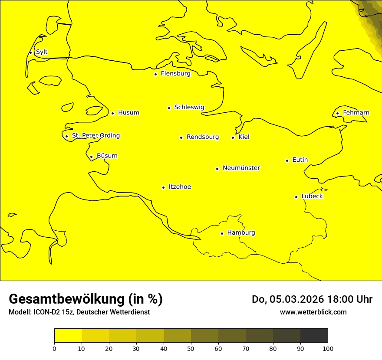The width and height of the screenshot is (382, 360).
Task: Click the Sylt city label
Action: (42, 52)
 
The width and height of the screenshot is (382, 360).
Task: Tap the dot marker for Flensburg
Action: (155, 74)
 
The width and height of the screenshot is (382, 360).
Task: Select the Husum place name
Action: (128, 113)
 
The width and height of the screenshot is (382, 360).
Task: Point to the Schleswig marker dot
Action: (169, 108)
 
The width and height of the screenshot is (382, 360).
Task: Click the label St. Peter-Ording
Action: (96, 136)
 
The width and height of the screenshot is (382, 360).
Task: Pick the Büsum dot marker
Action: (91, 157)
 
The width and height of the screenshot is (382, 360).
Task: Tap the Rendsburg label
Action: (203, 137)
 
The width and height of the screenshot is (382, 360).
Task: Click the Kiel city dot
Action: (233, 137)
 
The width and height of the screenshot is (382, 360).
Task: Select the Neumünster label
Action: (241, 168)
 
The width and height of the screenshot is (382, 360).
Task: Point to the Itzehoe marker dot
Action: (163, 187)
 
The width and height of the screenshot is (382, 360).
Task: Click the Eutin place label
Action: (300, 160)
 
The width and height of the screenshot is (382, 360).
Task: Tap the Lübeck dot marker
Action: (296, 197)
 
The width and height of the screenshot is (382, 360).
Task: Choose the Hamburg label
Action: (241, 233)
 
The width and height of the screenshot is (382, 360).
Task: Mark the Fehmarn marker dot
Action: (337, 113)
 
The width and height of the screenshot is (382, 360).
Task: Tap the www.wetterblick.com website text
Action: (313, 312)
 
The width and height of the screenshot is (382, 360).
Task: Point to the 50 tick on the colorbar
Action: (191, 348)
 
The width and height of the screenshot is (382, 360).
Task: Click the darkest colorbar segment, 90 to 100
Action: (314, 335)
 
